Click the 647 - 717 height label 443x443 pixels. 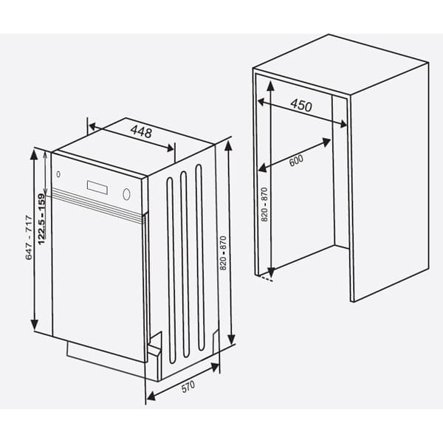(29, 236)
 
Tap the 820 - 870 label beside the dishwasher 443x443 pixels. (222, 248)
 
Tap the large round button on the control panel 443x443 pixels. (127, 195)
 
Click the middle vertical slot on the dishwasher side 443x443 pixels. (185, 262)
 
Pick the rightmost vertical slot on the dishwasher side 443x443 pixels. (199, 255)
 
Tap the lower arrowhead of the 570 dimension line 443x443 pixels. (149, 398)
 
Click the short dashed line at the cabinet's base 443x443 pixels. (266, 278)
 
